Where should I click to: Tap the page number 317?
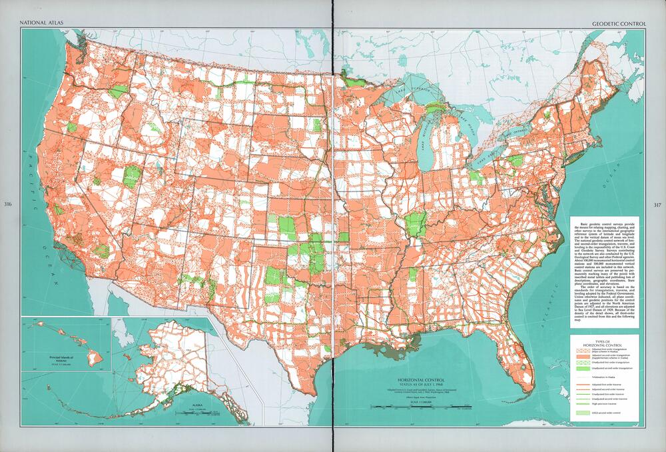(657, 204)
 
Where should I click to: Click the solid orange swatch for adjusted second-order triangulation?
(581, 359)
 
